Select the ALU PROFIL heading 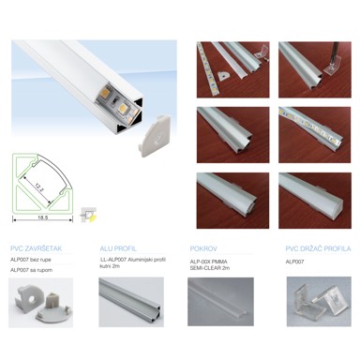[118, 248]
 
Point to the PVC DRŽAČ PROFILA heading [318, 248]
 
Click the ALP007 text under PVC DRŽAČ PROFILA [296, 262]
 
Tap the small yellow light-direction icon [87, 213]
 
